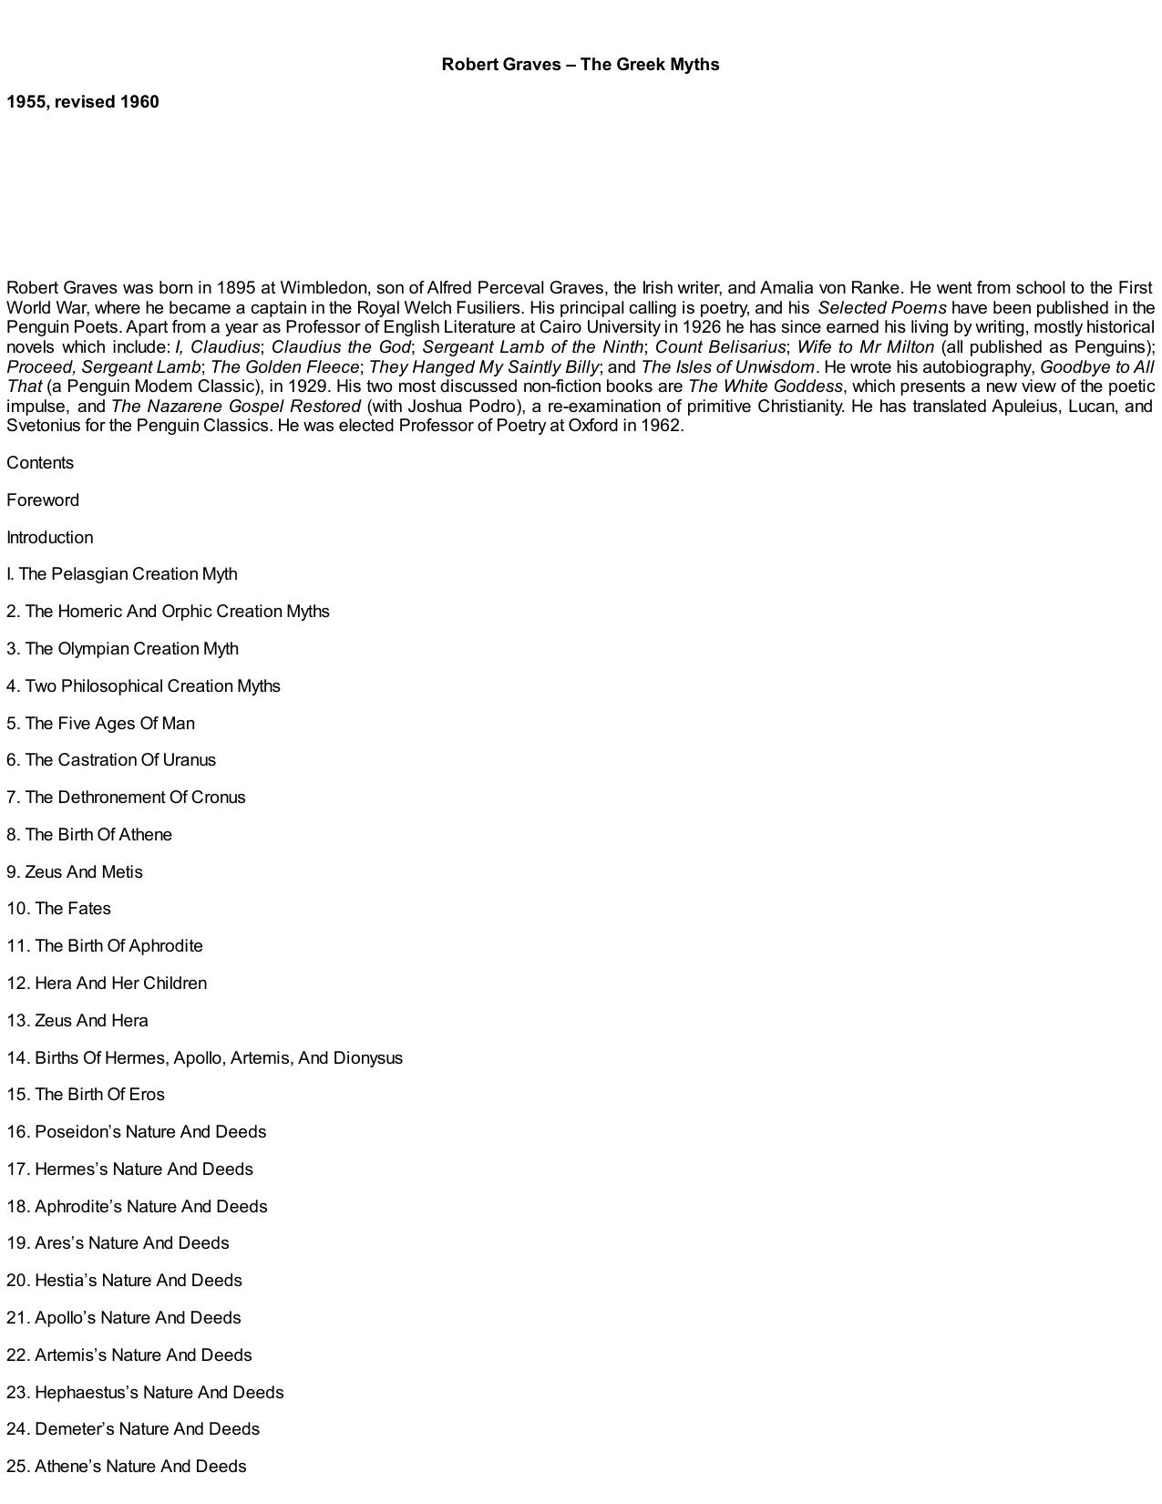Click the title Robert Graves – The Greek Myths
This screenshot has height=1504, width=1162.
(581, 65)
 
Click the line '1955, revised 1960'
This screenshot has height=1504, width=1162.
(83, 102)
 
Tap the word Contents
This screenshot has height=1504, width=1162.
(40, 463)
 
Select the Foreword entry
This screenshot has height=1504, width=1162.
(43, 500)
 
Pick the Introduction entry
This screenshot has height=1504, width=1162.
(50, 538)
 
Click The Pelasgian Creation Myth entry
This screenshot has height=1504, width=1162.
(122, 574)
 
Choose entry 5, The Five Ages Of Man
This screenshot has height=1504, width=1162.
(100, 724)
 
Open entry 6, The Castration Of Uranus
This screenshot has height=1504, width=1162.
(111, 760)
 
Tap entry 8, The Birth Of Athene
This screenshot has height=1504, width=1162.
(89, 835)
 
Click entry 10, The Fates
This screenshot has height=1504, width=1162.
(59, 909)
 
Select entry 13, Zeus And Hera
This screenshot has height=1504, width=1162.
(77, 1021)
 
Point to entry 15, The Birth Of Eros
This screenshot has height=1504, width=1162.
(86, 1095)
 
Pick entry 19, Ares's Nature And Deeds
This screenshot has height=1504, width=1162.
(118, 1243)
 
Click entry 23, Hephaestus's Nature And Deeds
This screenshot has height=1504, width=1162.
(145, 1393)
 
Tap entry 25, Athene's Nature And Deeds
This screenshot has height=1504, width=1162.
(127, 1467)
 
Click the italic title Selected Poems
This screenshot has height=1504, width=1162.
(881, 308)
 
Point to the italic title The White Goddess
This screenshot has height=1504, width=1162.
(765, 386)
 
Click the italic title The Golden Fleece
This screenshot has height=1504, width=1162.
(284, 367)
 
